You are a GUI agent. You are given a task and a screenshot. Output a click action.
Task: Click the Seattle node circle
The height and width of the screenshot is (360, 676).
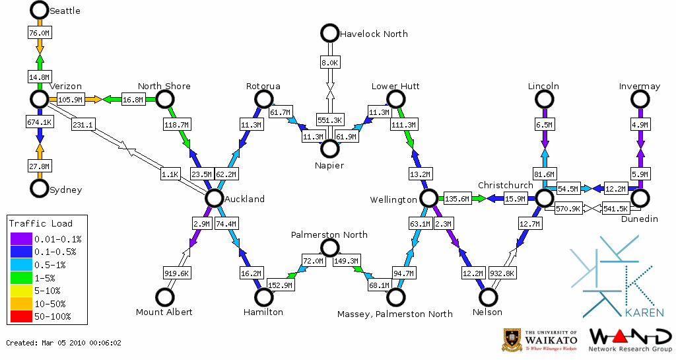pyautogui.click(x=40, y=10)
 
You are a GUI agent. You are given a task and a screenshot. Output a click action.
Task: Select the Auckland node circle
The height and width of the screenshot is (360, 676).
pyautogui.click(x=214, y=198)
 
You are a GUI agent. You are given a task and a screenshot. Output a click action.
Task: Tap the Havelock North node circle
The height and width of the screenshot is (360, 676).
pyautogui.click(x=329, y=33)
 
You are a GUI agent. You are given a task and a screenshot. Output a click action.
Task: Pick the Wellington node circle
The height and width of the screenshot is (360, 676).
pyautogui.click(x=428, y=198)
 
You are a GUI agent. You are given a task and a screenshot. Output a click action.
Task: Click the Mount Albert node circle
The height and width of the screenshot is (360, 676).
pyautogui.click(x=164, y=297)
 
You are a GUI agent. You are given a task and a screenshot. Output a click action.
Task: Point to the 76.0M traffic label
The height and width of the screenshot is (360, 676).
pyautogui.click(x=40, y=33)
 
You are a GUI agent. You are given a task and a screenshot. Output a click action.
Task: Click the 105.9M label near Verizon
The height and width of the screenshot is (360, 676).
pyautogui.click(x=70, y=100)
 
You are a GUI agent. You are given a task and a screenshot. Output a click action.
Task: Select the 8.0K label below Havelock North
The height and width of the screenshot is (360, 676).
pyautogui.click(x=329, y=63)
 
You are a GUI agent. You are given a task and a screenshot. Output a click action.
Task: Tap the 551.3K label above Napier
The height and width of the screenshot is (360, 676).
pyautogui.click(x=329, y=120)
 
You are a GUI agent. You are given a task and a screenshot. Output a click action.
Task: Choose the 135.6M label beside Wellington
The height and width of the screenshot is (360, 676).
pyautogui.click(x=457, y=199)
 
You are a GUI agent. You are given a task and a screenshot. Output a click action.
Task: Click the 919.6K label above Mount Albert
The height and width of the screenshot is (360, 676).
pyautogui.click(x=177, y=273)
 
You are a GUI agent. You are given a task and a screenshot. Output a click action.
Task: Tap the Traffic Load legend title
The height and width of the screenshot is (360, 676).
pyautogui.click(x=41, y=223)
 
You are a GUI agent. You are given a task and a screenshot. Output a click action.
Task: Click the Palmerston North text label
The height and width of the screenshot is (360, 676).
pyautogui.click(x=329, y=235)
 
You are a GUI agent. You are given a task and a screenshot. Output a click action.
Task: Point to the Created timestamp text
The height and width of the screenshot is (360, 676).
pyautogui.click(x=64, y=343)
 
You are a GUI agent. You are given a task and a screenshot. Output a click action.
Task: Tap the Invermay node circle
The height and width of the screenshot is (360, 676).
pyautogui.click(x=639, y=99)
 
